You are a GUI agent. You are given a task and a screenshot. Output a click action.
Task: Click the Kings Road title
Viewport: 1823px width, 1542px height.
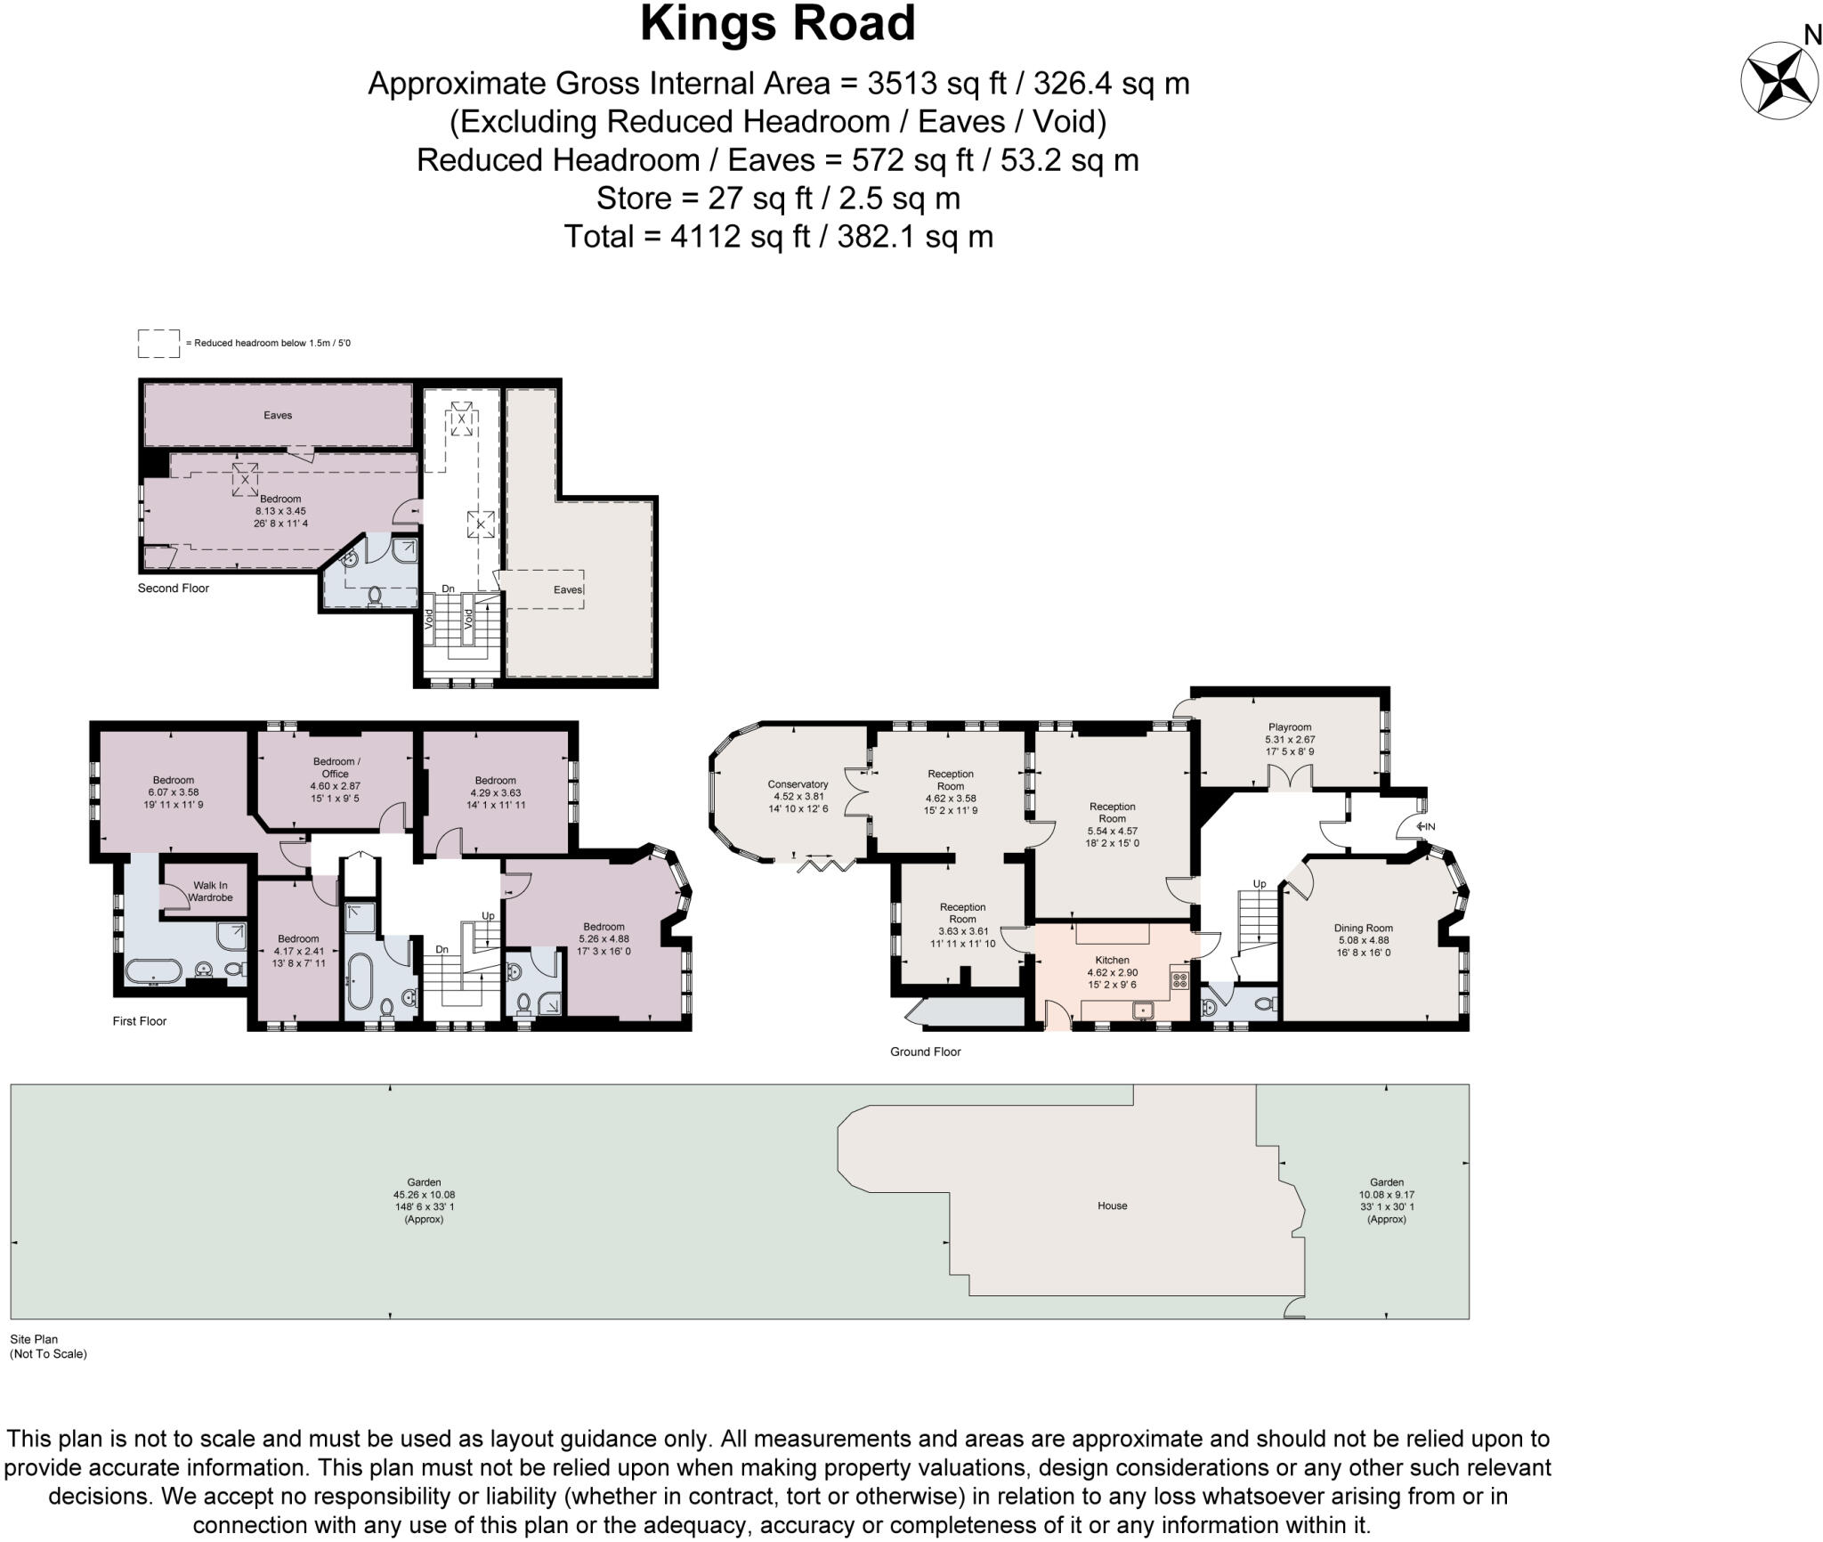778,24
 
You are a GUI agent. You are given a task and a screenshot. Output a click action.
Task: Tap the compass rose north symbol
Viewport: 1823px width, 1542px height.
1779,80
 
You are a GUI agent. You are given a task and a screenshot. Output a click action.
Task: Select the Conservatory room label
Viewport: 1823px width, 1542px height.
798,784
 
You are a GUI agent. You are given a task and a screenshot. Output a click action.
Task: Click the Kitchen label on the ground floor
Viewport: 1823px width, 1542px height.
1112,960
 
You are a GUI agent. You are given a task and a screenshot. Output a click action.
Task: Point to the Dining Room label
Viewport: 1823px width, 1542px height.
1363,928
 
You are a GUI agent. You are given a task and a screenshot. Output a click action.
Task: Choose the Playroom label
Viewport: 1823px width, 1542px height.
1290,726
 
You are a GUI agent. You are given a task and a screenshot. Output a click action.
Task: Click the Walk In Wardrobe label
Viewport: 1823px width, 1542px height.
210,891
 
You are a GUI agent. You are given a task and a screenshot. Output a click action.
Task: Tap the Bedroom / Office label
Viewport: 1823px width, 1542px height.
336,767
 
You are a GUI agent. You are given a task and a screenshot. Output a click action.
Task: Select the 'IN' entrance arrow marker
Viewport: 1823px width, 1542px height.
1425,826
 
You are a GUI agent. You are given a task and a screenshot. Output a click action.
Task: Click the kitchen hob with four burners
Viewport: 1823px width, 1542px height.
1180,980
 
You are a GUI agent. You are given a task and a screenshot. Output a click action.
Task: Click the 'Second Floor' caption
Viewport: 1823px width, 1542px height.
174,588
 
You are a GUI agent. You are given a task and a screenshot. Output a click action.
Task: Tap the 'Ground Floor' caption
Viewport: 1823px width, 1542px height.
926,1051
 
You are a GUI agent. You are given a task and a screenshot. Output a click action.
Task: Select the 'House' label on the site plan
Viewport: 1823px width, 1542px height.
1112,1205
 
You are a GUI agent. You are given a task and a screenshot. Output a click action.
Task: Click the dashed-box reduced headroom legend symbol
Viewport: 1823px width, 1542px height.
158,344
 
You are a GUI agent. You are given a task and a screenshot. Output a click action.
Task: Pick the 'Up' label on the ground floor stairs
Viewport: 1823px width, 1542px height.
1259,884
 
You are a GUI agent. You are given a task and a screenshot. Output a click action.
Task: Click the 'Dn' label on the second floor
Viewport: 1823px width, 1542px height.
448,588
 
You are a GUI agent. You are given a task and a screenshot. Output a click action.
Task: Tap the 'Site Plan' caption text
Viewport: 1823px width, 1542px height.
34,1338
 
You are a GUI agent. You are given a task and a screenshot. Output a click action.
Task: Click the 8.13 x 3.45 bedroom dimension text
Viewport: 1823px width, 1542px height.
280,511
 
